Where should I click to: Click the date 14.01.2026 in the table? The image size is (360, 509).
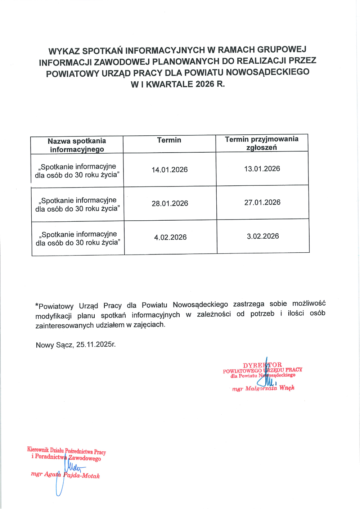(x=170, y=170)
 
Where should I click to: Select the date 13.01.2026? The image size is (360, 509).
(x=262, y=168)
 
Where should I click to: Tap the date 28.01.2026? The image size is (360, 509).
(x=170, y=203)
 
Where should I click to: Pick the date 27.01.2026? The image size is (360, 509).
(x=262, y=202)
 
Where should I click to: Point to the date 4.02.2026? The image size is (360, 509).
(x=170, y=237)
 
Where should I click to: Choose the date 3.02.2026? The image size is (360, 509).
(x=263, y=236)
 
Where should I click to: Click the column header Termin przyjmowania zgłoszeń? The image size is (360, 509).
(x=262, y=143)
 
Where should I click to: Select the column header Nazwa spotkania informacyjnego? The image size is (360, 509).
(x=77, y=145)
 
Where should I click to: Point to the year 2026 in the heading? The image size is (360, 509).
(x=205, y=84)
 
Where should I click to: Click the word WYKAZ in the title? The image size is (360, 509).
(x=64, y=51)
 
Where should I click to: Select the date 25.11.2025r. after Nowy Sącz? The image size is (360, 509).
(x=96, y=344)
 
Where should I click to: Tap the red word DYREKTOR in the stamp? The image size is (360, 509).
(x=262, y=365)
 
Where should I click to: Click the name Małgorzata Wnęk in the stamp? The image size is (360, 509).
(x=270, y=388)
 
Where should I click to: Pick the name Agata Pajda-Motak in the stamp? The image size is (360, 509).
(x=72, y=475)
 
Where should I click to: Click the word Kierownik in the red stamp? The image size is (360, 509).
(x=38, y=450)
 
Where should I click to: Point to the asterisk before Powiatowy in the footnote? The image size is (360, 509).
(x=37, y=306)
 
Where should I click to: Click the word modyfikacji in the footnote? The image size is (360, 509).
(x=53, y=316)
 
